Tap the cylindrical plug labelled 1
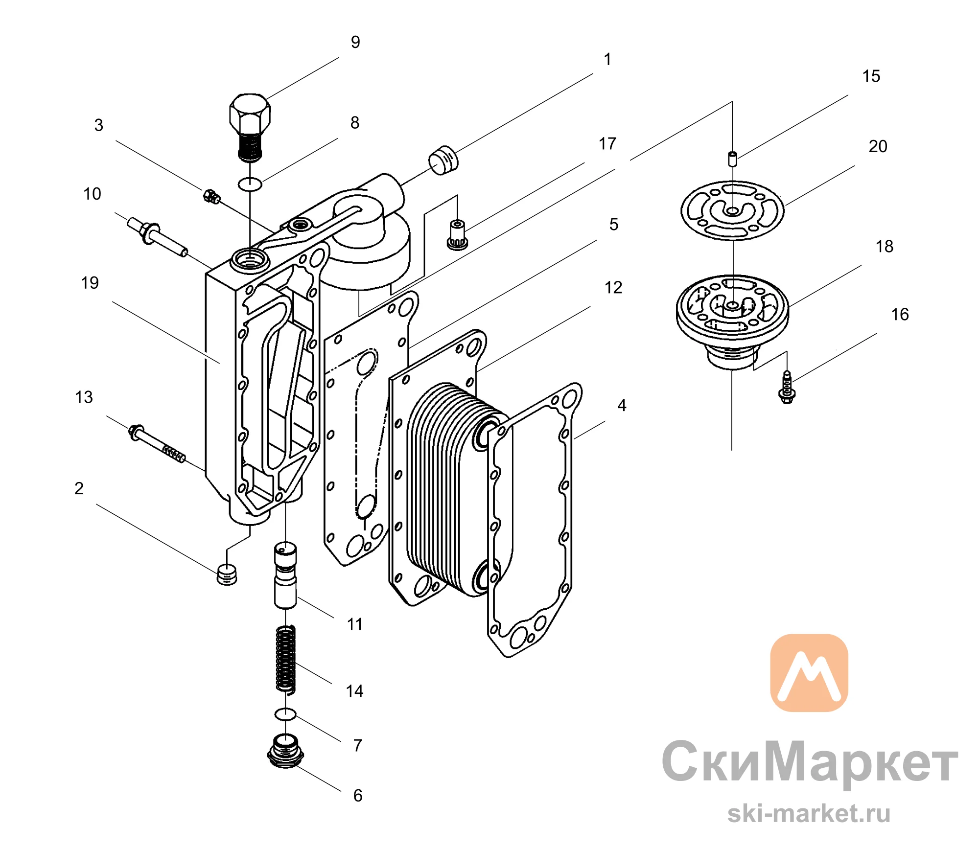[x=443, y=160]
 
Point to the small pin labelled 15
[x=732, y=159]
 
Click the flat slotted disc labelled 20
[x=686, y=210]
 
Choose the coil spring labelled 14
[x=285, y=659]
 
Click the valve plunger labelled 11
[x=285, y=575]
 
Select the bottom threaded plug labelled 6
[x=285, y=751]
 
